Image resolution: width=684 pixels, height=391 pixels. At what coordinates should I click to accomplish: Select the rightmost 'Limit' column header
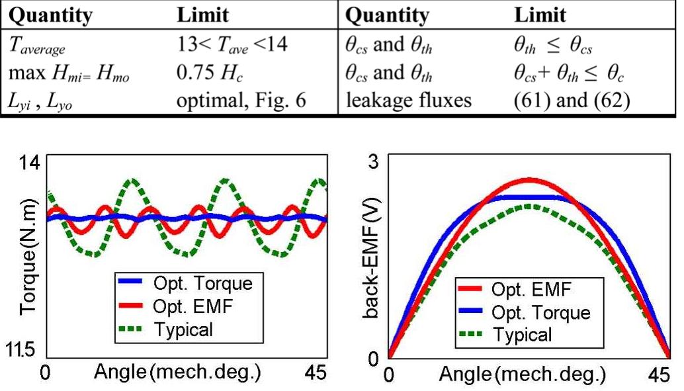coord(540,15)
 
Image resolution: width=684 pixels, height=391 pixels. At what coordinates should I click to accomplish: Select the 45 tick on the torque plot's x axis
coord(316,373)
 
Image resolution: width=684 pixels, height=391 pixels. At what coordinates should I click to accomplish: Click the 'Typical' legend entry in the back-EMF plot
coord(522,335)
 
